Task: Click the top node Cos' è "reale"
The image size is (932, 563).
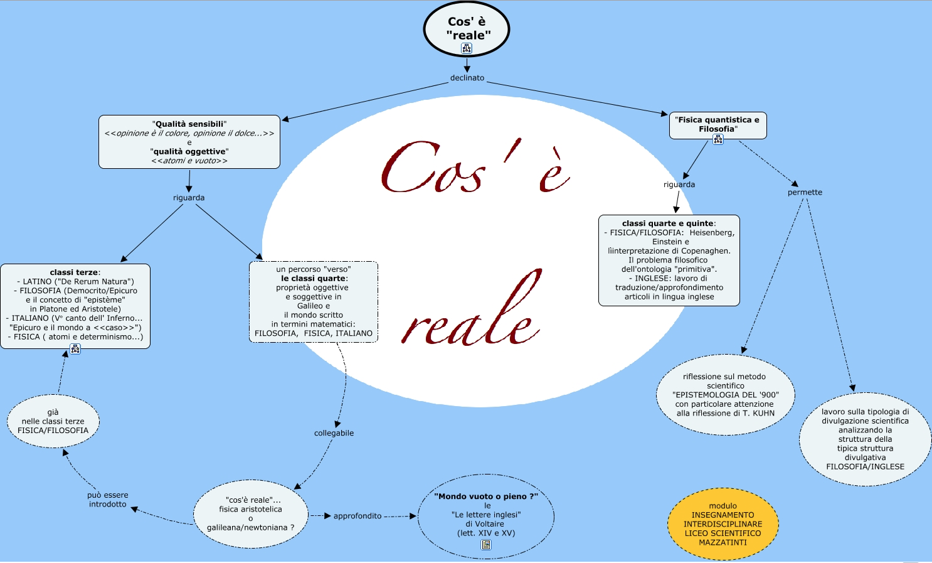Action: tap(466, 28)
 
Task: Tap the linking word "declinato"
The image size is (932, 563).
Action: tap(467, 78)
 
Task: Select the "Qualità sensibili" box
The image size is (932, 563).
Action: tap(189, 142)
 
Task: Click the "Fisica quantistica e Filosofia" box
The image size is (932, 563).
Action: tap(718, 124)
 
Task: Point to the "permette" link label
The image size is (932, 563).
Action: tap(805, 192)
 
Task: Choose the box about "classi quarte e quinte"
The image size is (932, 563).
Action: tap(669, 260)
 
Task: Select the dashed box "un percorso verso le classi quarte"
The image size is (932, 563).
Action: tap(314, 301)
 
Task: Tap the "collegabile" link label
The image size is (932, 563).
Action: tap(334, 433)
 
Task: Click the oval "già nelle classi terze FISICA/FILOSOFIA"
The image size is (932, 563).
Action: tap(53, 421)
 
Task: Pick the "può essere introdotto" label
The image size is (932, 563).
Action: tap(108, 500)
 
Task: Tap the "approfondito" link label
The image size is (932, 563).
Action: tap(357, 516)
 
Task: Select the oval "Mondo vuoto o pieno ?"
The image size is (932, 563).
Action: tap(486, 515)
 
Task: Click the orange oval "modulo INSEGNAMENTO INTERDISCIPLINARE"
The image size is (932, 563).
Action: tap(723, 524)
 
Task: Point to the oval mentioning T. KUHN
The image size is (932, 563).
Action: tap(726, 395)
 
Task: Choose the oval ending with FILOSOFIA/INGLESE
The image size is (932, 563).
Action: tap(865, 439)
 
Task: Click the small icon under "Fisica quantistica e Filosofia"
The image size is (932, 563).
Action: tap(718, 139)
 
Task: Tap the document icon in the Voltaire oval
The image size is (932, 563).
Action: tap(486, 545)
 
